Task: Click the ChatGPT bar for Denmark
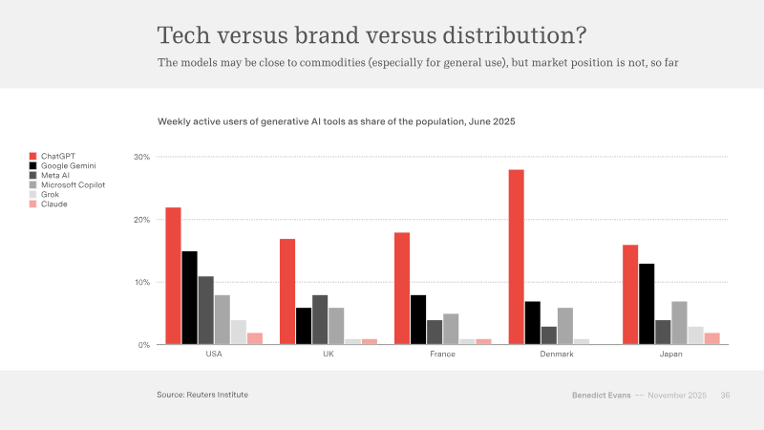517,257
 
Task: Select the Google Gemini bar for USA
189,298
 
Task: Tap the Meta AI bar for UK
320,320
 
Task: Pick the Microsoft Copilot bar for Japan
679,323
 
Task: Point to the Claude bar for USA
255,339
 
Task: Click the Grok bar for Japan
696,335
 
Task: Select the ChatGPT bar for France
402,289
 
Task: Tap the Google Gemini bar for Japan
647,304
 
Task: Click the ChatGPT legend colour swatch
32,156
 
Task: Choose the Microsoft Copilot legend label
74,184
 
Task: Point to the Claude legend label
54,204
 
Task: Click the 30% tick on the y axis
141,157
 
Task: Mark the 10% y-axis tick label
141,282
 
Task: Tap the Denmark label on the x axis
557,354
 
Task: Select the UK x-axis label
329,354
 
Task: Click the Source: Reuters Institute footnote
202,395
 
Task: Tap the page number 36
725,396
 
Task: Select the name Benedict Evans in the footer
602,396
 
